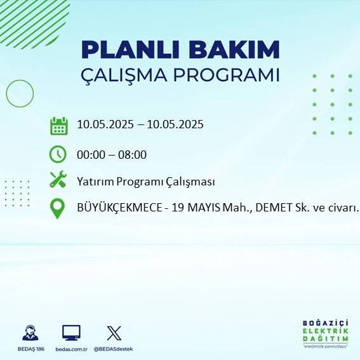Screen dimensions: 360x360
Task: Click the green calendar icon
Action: click(58, 126)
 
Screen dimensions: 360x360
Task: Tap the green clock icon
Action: click(58, 154)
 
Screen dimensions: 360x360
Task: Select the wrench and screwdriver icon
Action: click(58, 180)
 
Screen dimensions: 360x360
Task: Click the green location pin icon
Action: click(58, 208)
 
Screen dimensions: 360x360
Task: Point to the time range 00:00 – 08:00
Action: click(112, 154)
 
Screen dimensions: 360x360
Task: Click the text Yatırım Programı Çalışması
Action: click(145, 182)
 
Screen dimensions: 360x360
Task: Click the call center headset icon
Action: click(29, 333)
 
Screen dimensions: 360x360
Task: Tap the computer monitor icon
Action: click(71, 333)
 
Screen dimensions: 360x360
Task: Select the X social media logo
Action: click(114, 333)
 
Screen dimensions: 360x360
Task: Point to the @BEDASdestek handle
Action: click(114, 349)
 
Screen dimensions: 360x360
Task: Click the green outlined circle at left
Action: click(20, 94)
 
